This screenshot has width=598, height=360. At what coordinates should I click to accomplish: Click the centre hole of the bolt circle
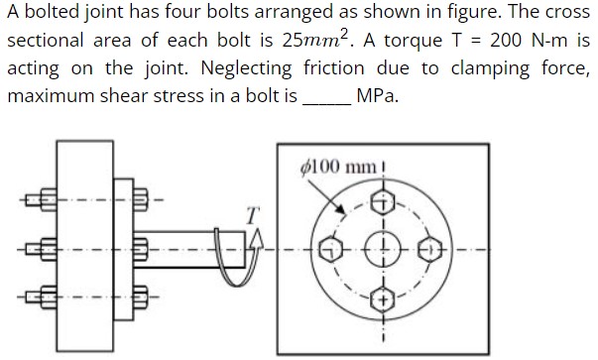coord(382,249)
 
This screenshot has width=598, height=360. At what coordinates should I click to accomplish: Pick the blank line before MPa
coord(325,101)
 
